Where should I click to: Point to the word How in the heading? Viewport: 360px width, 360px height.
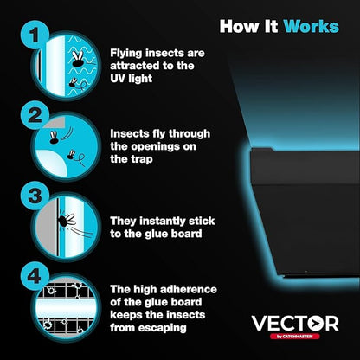238,26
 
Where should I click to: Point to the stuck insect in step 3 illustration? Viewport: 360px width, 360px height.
65,221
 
